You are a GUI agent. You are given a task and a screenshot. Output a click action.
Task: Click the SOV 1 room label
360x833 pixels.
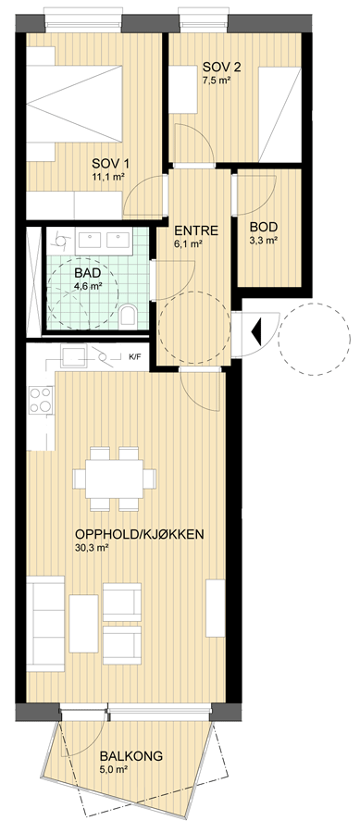coord(110,163)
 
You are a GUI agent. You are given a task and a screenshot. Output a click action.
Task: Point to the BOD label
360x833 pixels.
coord(264,228)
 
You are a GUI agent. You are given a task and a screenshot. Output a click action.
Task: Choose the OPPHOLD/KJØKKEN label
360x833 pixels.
coord(140,534)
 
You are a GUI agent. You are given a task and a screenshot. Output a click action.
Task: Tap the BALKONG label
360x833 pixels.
coord(131,756)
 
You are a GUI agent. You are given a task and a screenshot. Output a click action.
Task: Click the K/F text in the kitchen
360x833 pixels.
coord(135,356)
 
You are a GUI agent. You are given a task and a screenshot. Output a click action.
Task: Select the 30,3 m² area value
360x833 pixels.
coord(93,547)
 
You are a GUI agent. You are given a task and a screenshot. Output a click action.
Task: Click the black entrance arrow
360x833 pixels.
coord(256,331)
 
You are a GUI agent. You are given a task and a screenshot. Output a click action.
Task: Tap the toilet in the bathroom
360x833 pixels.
coord(128,315)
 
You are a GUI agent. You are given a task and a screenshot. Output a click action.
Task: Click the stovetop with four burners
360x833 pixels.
coord(41,400)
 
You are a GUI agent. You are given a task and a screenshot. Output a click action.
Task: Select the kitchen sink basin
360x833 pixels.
coord(73,355)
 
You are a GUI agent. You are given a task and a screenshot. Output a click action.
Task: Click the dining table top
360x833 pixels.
coord(116,479)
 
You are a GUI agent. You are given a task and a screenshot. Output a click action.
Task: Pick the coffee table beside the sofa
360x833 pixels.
coord(83,623)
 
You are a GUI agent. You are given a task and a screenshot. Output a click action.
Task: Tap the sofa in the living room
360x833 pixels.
coord(45,623)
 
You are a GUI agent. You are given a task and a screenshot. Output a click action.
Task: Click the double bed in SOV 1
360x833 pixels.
coord(74,104)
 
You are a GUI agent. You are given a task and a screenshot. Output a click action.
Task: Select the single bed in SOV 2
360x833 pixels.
coord(279,114)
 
